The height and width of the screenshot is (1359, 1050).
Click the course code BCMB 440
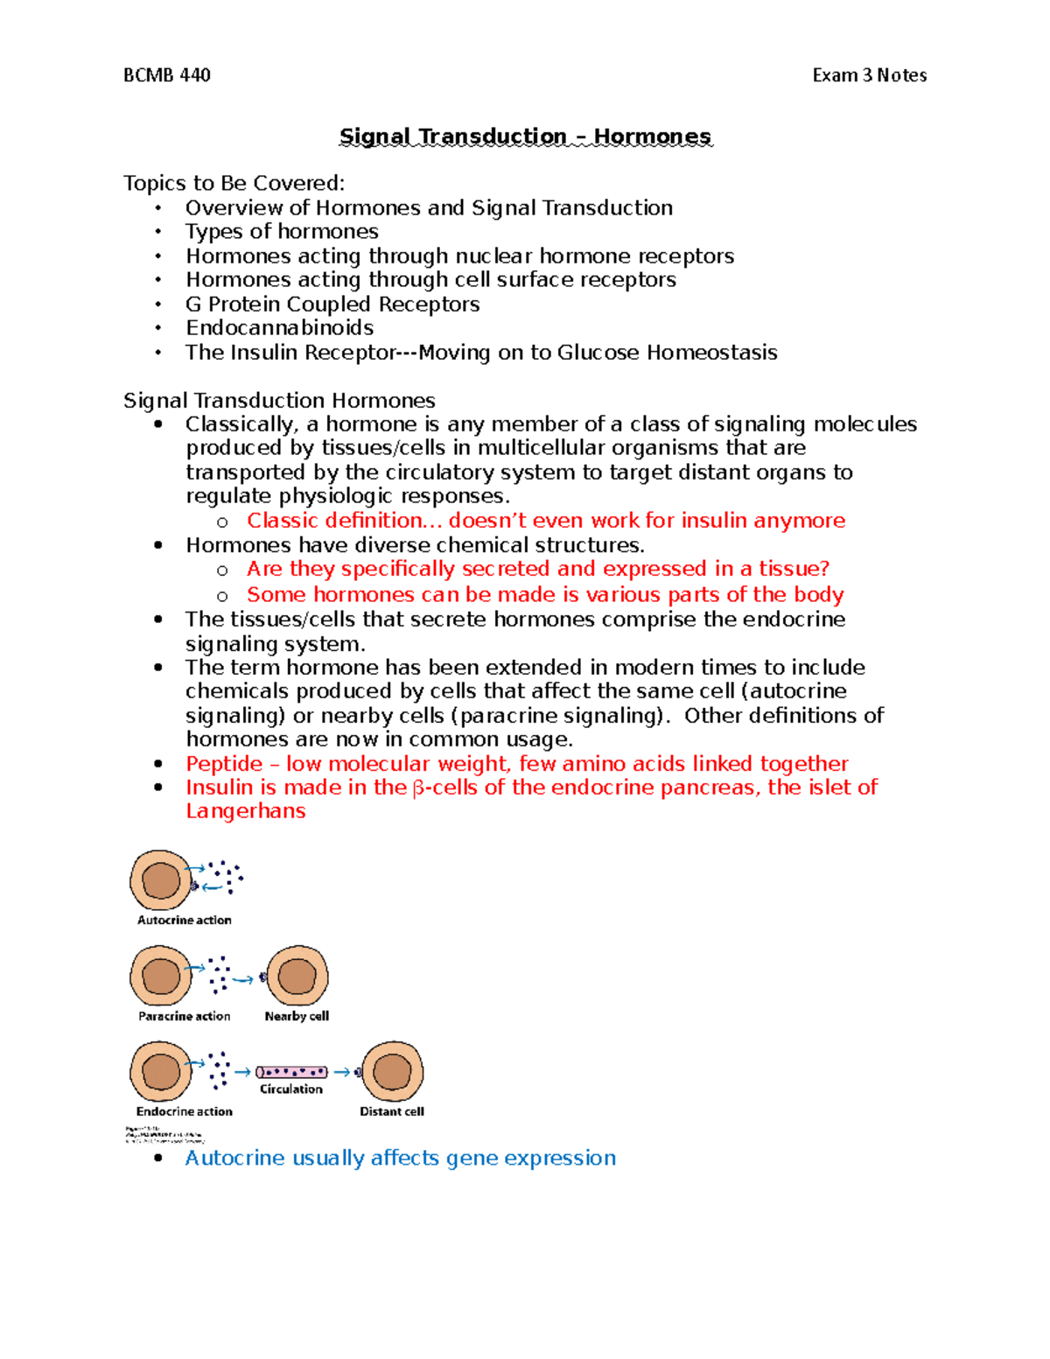coord(166,75)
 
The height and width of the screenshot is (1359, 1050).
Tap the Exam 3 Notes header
coord(869,75)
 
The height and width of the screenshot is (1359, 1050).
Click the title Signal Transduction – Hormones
coord(525,137)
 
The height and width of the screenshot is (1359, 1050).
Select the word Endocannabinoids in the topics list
coord(279,327)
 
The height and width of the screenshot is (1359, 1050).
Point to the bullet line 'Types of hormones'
coord(282,231)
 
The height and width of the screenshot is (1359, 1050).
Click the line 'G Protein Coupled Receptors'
coord(332,304)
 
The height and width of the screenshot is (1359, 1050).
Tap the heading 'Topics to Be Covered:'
coord(234,183)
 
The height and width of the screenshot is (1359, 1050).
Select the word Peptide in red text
coord(224,763)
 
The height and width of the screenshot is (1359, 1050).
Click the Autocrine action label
coord(184,920)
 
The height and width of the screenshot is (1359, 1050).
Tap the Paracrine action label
coord(184,1016)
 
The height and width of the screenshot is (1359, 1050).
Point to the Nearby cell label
coord(297,1016)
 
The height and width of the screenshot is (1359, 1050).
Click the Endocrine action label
coord(184,1111)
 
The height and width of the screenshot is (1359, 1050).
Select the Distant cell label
coord(392,1111)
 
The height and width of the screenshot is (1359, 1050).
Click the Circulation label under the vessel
coord(290,1089)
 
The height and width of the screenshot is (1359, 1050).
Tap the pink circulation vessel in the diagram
coord(291,1072)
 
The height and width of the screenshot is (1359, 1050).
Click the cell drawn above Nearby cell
coord(297,976)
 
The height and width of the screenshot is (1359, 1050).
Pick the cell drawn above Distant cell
coord(392,1071)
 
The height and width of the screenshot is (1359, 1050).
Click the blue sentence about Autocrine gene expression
coord(400,1158)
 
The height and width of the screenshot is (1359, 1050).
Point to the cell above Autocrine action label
coord(161,880)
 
